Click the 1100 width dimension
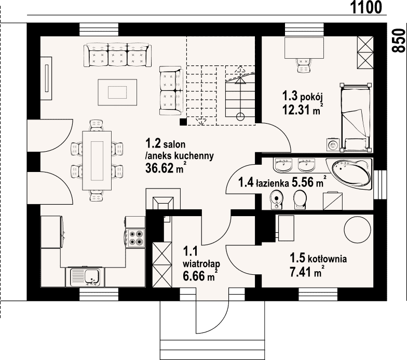[366, 7]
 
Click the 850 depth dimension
[399, 41]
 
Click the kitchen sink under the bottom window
[85, 277]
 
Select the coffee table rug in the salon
[117, 92]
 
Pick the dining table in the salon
[97, 161]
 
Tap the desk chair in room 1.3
[304, 65]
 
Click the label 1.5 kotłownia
[318, 259]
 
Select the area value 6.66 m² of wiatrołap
[200, 275]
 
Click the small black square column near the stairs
[183, 122]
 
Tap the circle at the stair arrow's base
[240, 117]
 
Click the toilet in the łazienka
[300, 199]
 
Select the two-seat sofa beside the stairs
[170, 90]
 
